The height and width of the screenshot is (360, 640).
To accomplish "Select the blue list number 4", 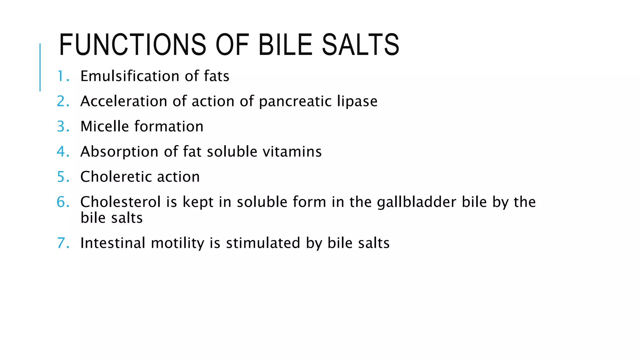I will click(63, 152).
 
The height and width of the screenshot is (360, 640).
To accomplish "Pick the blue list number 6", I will click(63, 202).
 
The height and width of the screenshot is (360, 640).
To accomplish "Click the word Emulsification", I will click(130, 76).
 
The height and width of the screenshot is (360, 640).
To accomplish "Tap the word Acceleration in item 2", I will click(124, 101).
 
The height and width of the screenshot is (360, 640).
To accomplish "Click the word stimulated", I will click(263, 243).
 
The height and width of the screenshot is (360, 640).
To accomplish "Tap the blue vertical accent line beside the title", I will click(40, 67).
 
